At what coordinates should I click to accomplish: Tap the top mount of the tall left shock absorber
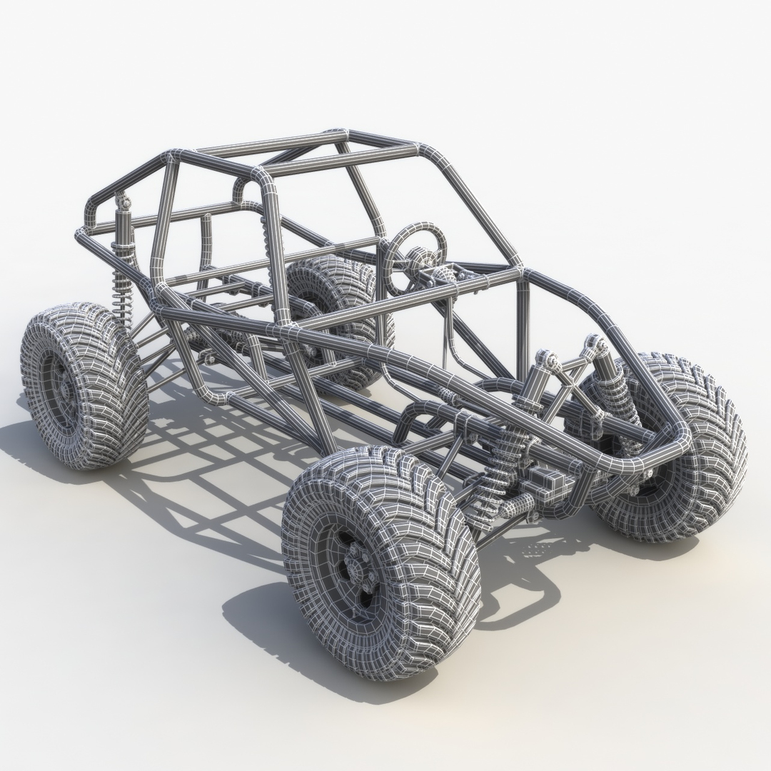tap(126, 204)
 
